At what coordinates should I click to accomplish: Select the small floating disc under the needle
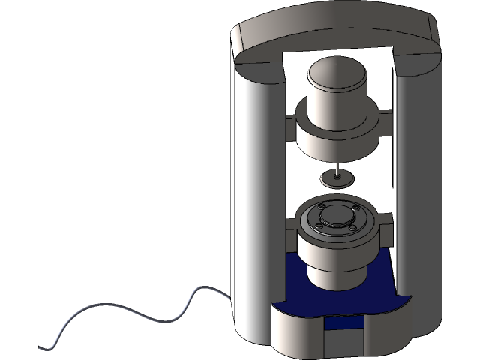click(x=336, y=178)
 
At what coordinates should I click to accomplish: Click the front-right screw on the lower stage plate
click(x=352, y=226)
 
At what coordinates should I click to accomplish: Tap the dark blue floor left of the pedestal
click(x=294, y=281)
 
